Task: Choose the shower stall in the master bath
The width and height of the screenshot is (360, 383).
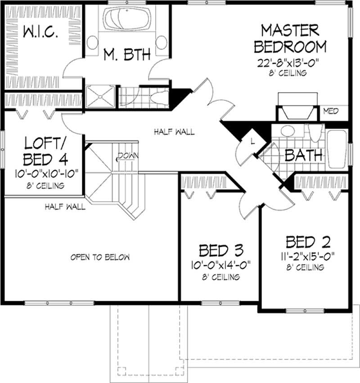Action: pyautogui.click(x=100, y=95)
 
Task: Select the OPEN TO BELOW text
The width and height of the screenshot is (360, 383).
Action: pyautogui.click(x=100, y=257)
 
